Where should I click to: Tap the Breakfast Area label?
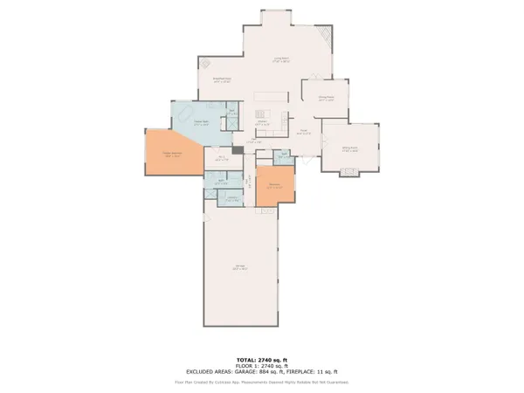[223, 79]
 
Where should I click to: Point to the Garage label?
[238, 268]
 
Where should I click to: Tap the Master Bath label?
[202, 123]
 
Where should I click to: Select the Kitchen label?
[273, 123]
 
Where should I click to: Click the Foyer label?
[305, 131]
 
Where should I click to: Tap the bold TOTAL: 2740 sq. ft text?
[261, 360]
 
